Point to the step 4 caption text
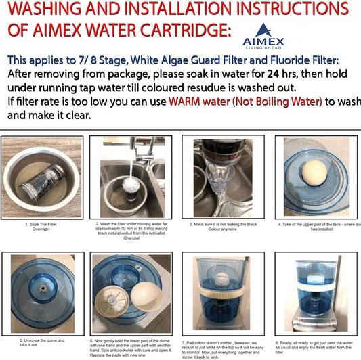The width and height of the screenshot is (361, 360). tap(318, 226)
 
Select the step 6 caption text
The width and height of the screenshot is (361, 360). tap(132, 348)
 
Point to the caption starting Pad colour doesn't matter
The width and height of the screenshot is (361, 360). tap(224, 348)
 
